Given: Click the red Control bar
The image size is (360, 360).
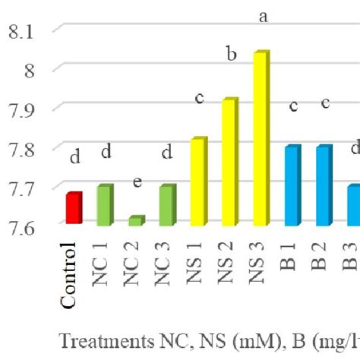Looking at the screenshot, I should (x=74, y=209).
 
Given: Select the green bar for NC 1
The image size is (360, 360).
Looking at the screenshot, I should (x=105, y=205).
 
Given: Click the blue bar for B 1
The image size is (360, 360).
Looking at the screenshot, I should (x=293, y=186).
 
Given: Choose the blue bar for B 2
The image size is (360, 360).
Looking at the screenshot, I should (x=324, y=186).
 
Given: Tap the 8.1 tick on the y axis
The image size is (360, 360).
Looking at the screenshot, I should (x=21, y=31).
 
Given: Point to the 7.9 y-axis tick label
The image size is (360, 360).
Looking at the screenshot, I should (x=21, y=110).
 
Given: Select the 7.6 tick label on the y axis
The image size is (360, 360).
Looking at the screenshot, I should (x=21, y=227).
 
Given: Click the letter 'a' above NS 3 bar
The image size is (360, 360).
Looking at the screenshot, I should (x=263, y=17).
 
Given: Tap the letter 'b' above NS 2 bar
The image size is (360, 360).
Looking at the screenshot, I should (x=232, y=55).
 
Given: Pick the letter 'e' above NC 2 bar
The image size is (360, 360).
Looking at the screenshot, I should (x=137, y=183).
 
